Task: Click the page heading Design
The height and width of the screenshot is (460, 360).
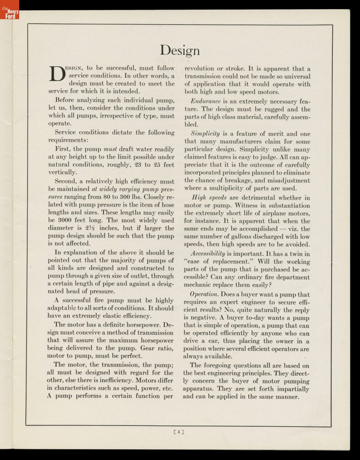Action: coord(180,51)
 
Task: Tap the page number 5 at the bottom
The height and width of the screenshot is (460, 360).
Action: coord(179,432)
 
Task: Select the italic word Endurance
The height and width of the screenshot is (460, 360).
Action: coord(206,102)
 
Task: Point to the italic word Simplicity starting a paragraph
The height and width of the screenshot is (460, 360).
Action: coord(205,134)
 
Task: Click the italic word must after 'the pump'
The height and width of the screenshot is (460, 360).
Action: coord(110,149)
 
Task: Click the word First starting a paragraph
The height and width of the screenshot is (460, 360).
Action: coord(63,149)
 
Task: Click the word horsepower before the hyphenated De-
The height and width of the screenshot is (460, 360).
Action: coord(145,325)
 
